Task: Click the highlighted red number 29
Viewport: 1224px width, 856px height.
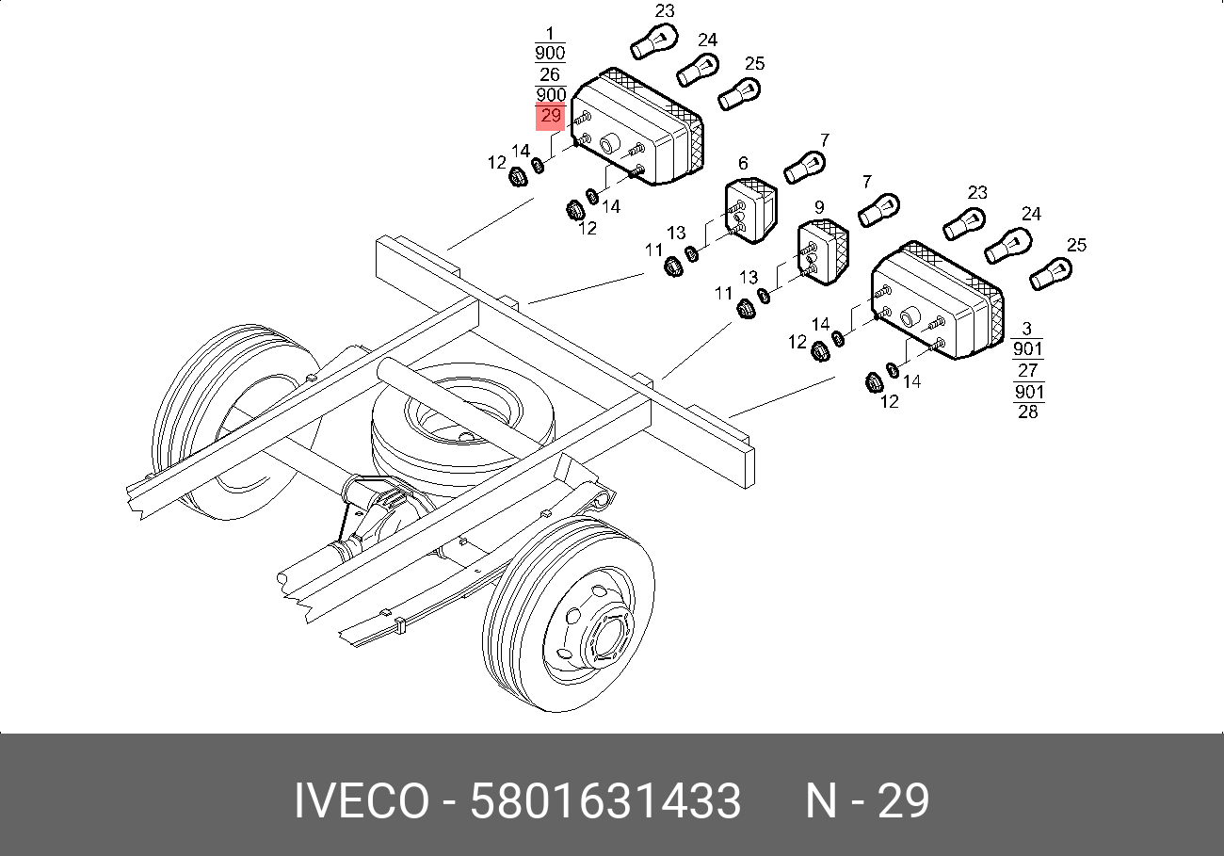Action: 550,116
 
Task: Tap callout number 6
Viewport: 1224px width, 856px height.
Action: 743,163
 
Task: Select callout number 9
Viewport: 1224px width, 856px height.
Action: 818,207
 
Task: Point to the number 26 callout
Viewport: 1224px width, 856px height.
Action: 550,73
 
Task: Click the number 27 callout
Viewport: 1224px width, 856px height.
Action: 1027,370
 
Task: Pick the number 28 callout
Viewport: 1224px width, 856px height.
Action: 1028,412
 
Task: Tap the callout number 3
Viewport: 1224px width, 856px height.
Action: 1026,329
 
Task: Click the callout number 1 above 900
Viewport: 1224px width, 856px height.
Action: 550,33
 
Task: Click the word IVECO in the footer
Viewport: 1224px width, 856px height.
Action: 362,800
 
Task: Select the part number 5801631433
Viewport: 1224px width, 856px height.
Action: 605,800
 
